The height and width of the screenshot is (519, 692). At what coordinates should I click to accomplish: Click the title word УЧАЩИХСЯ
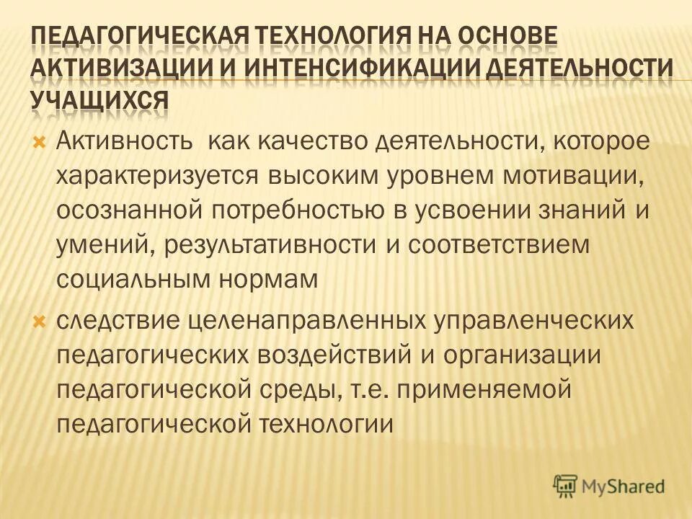click(x=100, y=99)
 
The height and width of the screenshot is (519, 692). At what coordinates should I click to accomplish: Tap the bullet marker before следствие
click(x=40, y=319)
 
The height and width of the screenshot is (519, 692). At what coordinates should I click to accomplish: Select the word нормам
click(x=268, y=279)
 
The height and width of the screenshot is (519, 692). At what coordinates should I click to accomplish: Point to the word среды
click(x=292, y=389)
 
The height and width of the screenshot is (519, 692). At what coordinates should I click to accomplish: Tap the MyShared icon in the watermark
click(x=566, y=485)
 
